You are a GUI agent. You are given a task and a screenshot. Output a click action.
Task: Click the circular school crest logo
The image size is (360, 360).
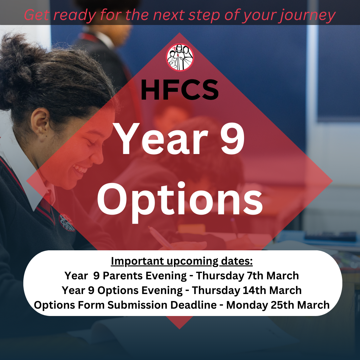pyautogui.click(x=180, y=57)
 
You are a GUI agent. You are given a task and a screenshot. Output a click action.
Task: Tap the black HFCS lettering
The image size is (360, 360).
pyautogui.click(x=180, y=90)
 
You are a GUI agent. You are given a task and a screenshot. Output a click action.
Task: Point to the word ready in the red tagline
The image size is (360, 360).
pyautogui.click(x=75, y=15)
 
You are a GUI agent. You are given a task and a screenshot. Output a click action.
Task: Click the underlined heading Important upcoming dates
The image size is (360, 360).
pyautogui.click(x=182, y=261)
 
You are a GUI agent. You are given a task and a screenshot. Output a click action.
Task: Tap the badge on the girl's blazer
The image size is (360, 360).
pyautogui.click(x=67, y=222)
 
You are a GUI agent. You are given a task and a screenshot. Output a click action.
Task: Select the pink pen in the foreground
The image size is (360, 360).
pyautogui.click(x=161, y=238)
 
